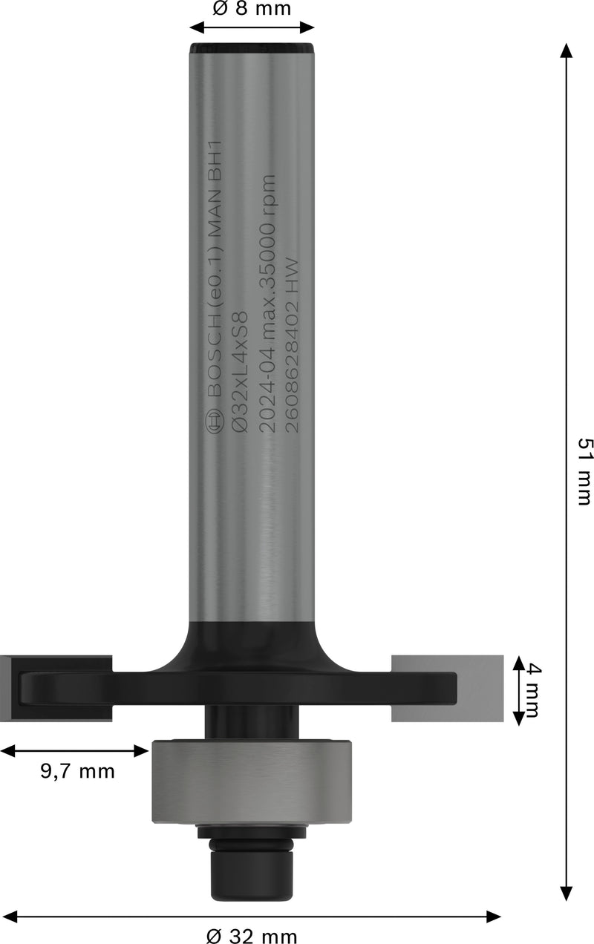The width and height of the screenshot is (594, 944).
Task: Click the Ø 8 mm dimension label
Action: click(x=252, y=9)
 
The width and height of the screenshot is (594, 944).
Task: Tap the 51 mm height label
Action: click(x=584, y=471)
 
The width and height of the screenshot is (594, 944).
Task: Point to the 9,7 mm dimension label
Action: click(x=78, y=771)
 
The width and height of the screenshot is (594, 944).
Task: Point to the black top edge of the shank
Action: click(x=252, y=49)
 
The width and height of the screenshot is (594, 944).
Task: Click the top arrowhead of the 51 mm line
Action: click(x=567, y=50)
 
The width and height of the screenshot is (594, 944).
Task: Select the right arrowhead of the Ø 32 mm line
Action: click(x=494, y=917)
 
